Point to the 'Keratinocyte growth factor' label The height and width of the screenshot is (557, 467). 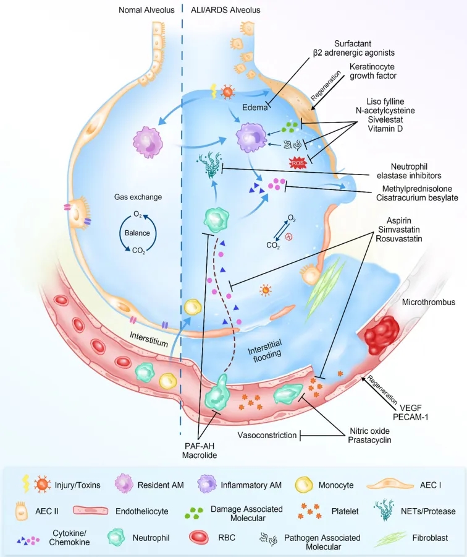pos(372,72)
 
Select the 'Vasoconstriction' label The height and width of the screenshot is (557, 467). pos(267,435)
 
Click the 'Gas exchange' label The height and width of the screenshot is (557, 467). pos(138,197)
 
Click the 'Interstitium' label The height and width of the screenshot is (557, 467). pos(151,335)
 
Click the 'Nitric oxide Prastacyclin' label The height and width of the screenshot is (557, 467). pos(368,435)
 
